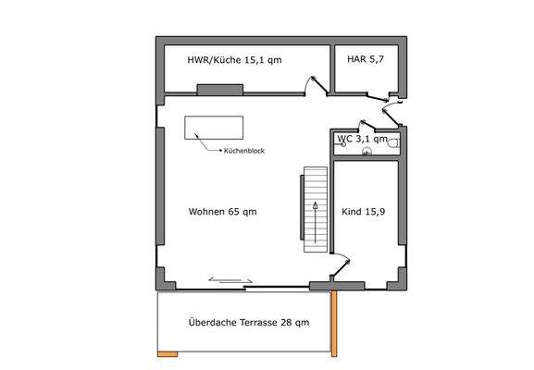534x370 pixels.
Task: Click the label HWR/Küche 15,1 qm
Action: [x=234, y=60]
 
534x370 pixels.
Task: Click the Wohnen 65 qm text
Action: [x=222, y=211]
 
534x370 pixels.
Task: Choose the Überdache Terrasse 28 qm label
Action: [x=248, y=323]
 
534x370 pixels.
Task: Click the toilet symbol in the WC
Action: [x=393, y=142]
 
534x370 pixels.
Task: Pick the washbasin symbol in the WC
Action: [x=367, y=152]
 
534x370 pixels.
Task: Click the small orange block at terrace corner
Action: [x=168, y=355]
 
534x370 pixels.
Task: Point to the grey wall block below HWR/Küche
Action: [x=220, y=90]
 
